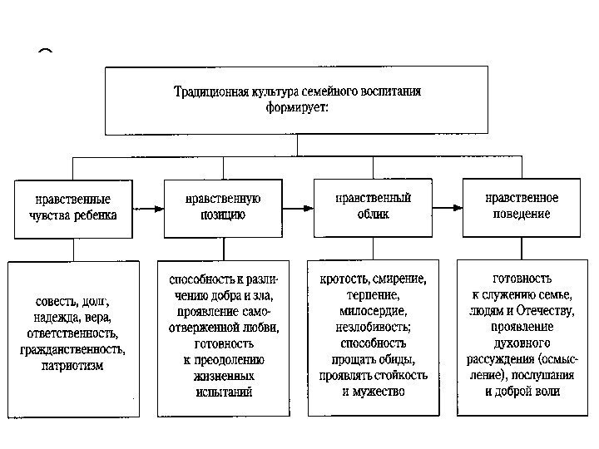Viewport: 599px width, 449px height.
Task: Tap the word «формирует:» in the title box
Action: [297, 107]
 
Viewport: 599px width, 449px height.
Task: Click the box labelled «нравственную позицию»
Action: [223, 207]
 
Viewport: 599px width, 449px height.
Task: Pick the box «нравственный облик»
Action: [373, 207]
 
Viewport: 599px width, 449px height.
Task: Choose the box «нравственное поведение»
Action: [522, 207]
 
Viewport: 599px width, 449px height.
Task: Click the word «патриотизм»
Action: [72, 366]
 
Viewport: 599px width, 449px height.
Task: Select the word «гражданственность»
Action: [74, 349]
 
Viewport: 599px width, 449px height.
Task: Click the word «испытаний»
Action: [222, 392]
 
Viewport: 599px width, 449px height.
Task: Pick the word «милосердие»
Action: [374, 310]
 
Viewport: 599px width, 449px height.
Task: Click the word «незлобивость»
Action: [374, 326]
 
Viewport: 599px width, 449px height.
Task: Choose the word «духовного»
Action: [522, 343]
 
